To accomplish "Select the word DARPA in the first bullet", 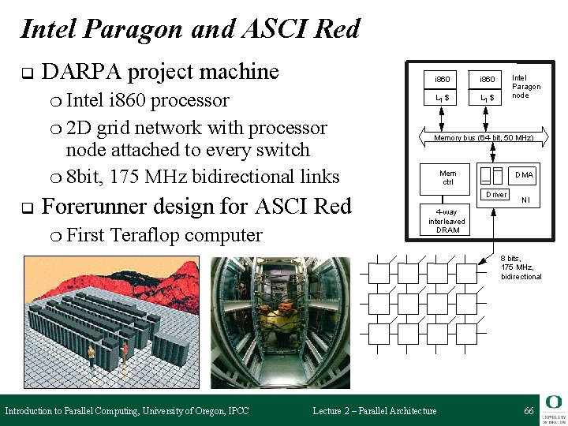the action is click(x=81, y=72).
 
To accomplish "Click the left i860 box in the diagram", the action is click(x=443, y=80).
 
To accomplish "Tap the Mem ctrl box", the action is click(x=447, y=177).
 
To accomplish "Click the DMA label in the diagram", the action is click(x=524, y=174).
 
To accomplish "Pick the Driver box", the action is click(x=496, y=194).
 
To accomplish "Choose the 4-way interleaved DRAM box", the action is click(x=447, y=221).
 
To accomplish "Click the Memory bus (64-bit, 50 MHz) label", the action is click(x=484, y=138).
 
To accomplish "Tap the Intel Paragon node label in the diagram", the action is click(x=525, y=87).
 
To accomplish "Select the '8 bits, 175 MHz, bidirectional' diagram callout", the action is click(x=521, y=267).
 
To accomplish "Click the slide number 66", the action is click(x=529, y=411).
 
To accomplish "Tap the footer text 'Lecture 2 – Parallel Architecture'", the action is click(x=374, y=411).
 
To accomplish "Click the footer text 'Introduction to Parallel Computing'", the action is click(x=72, y=411).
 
